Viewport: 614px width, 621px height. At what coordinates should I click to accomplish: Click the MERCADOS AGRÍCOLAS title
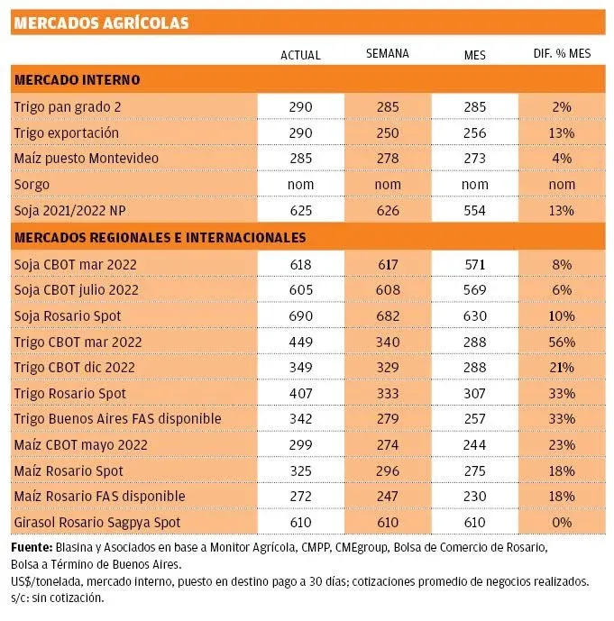[101, 23]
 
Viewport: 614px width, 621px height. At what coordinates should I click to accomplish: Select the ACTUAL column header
[300, 55]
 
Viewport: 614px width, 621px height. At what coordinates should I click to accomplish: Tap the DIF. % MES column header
[562, 55]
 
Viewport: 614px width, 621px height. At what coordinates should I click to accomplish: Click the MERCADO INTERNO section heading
[77, 80]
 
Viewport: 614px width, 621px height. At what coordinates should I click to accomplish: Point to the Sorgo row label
[32, 184]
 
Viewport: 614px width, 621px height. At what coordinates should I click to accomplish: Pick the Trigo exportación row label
[67, 132]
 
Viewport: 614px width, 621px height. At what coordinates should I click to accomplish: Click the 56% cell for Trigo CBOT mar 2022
[562, 342]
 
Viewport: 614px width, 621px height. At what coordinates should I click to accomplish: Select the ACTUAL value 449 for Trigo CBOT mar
[300, 342]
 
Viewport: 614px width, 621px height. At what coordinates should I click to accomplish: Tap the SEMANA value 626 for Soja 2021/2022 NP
[387, 210]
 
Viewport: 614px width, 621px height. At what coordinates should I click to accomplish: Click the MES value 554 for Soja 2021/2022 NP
[474, 210]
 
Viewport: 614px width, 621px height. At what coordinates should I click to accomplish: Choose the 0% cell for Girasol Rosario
[562, 523]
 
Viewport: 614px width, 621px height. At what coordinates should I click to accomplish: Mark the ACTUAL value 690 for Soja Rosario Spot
[300, 316]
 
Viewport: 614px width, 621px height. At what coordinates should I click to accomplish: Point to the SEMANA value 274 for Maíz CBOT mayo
[387, 445]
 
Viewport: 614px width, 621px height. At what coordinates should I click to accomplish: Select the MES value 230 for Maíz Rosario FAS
[474, 497]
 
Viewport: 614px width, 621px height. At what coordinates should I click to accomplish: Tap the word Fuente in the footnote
[31, 547]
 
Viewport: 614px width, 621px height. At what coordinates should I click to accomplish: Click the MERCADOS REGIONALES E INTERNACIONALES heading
[160, 238]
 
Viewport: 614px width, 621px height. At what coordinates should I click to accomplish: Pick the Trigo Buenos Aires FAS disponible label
[117, 419]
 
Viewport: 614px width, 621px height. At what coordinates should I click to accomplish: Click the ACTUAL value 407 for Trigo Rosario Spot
[300, 394]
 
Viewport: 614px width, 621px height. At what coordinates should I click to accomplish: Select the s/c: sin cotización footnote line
[60, 598]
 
